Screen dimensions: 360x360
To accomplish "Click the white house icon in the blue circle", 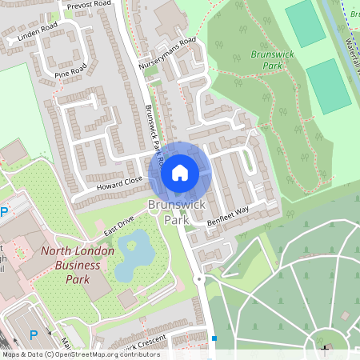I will [180, 172].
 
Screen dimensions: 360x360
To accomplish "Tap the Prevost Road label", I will [90, 5].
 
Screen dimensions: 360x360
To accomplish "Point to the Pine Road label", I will [70, 69].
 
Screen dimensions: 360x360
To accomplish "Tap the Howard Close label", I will [122, 183].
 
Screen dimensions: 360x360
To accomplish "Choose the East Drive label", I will [118, 225].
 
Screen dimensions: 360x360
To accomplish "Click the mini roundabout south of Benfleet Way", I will [199, 280].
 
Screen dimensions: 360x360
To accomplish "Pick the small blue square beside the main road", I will [214, 338].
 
